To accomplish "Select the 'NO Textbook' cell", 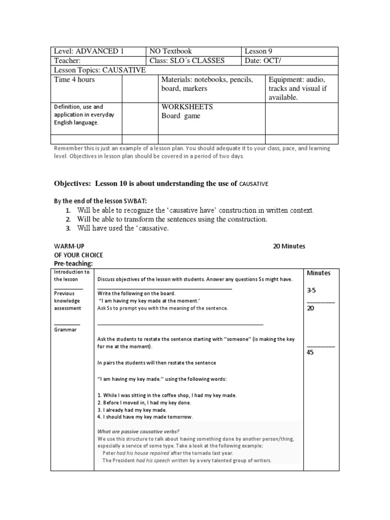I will pos(170,51).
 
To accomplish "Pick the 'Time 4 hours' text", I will pos(75,80).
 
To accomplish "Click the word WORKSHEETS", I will pos(187,107).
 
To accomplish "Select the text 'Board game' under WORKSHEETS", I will pos(181,116).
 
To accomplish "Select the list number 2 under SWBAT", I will pos(68,219).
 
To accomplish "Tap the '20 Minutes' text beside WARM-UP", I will pos(289,246).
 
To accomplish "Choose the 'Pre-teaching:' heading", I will pos(74,264).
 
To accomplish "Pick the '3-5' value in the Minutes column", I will pos(312,291).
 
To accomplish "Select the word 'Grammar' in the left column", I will pos(66,330).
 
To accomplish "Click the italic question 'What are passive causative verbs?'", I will pos(138,432).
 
